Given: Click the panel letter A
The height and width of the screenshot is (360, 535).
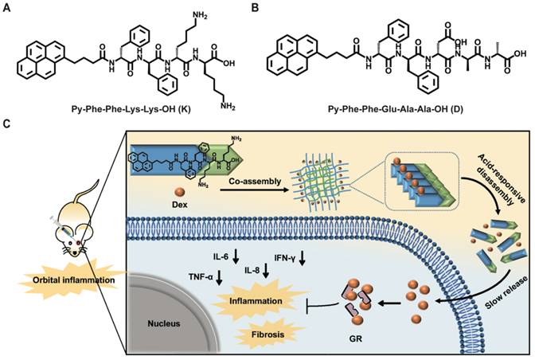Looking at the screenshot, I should pyautogui.click(x=7, y=9).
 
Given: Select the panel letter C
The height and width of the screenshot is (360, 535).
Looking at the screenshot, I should pyautogui.click(x=7, y=124).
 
